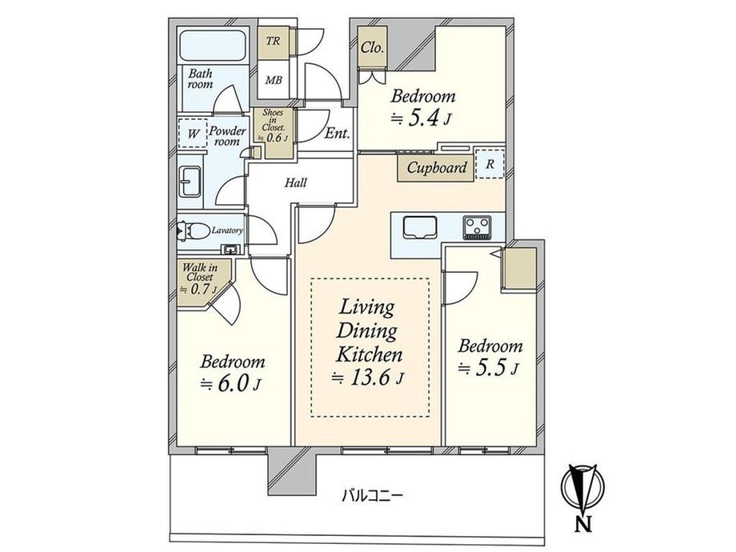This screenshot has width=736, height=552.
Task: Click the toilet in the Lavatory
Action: (193, 231)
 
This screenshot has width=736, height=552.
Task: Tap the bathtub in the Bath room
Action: (212, 46)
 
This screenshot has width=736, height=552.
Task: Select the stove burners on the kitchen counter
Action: (478, 227)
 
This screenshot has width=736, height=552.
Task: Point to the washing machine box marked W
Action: (193, 134)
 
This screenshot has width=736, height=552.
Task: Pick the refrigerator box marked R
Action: (490, 164)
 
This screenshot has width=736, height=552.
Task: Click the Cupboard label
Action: (437, 167)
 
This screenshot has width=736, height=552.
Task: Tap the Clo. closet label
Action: (372, 47)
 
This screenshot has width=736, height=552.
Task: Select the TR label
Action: (273, 41)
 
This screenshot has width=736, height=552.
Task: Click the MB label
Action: (274, 80)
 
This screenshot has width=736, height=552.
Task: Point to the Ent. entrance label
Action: (338, 134)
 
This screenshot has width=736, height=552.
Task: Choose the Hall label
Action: (295, 182)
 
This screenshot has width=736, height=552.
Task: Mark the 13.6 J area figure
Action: (368, 378)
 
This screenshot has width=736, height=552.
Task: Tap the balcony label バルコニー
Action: (372, 495)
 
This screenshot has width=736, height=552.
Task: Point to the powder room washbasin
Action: (191, 182)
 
